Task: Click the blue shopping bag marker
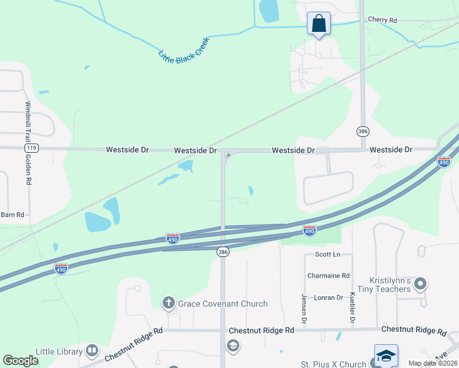318,24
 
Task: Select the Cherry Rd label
382,20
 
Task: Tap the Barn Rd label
12,215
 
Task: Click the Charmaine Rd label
328,276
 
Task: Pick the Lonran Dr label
328,297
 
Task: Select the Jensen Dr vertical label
304,309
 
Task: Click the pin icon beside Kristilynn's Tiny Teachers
420,283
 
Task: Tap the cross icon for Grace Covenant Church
168,302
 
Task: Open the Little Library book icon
92,351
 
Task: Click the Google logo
20,361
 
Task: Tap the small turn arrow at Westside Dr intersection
227,156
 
